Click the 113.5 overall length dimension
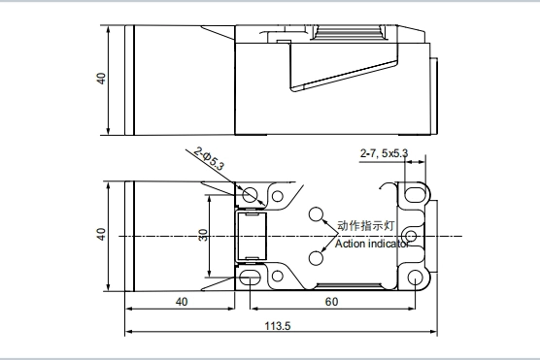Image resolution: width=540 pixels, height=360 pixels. coord(278,326)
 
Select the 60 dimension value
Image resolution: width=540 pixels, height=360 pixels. coord(331,302)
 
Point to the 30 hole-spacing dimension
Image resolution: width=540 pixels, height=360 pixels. coord(204,236)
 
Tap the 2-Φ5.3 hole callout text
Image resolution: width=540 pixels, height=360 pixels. coord(210,158)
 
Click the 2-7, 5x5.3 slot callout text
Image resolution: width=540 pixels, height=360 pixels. coord(384,153)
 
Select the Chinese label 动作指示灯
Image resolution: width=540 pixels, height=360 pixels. coord(365,226)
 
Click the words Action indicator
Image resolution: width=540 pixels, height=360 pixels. coord(372,244)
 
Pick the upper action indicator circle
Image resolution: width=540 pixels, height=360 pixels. coord(316,214)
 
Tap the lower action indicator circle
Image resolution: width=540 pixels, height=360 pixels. coord(316,258)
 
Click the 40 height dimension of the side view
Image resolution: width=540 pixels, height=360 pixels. coord(101,79)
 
